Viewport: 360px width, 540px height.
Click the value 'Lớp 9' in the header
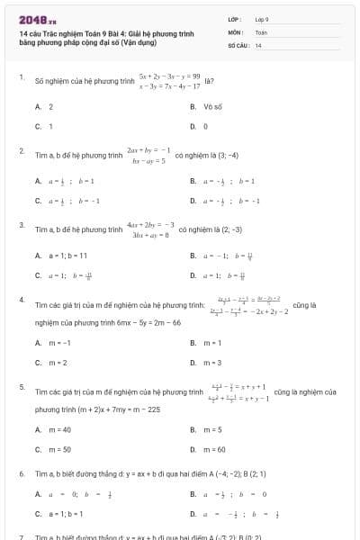(x=262, y=18)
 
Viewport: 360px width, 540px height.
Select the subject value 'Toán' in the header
(x=262, y=31)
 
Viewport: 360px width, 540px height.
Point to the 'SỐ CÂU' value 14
(x=258, y=44)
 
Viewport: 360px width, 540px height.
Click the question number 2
(x=21, y=150)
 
